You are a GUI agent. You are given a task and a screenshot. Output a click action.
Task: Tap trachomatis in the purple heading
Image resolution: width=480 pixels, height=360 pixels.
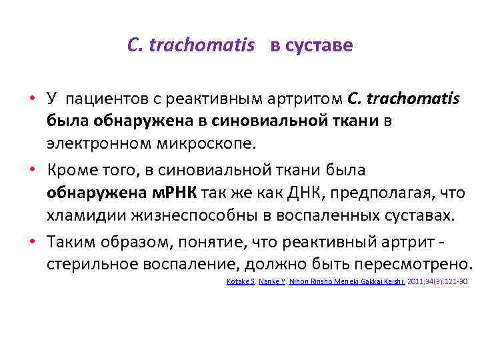[201, 45]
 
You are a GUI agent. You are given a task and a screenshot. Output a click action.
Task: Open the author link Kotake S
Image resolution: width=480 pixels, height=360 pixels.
[240, 282]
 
